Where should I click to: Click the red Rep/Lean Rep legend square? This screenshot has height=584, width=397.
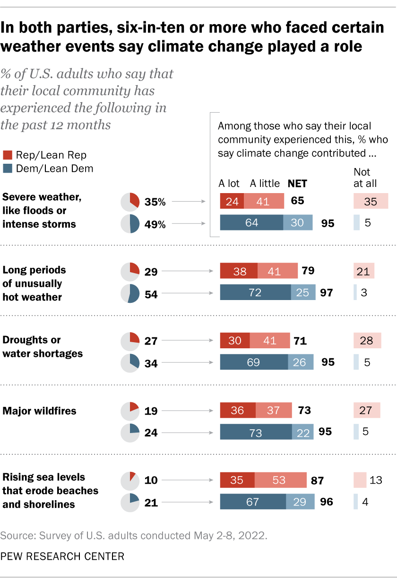click(7, 155)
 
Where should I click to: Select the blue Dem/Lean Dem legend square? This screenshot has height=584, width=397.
click(7, 168)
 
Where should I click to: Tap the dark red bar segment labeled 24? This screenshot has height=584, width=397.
click(232, 201)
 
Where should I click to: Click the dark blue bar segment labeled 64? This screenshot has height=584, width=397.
click(251, 223)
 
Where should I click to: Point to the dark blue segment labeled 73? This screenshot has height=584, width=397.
click(256, 432)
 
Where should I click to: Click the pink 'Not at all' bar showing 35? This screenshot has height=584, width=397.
click(371, 201)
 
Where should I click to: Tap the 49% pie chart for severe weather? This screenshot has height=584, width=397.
click(130, 224)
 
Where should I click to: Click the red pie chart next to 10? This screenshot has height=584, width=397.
click(130, 480)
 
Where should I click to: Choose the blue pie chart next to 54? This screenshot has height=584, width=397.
click(130, 293)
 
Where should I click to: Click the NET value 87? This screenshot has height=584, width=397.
click(317, 481)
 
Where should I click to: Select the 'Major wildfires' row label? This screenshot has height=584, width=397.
click(39, 411)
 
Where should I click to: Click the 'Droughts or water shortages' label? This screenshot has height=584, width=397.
click(36, 346)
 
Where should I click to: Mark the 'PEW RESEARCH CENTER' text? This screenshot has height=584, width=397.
click(62, 556)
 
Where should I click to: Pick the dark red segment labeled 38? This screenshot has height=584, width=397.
click(239, 271)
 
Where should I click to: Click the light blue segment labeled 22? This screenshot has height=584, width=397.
click(302, 432)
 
